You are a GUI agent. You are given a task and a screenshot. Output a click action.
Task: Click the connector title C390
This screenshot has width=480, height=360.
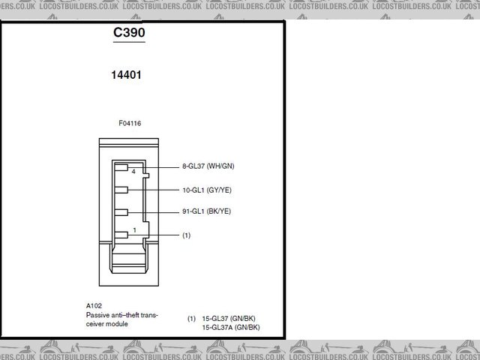(x=128, y=34)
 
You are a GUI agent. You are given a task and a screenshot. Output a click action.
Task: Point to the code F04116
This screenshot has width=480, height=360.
(x=130, y=122)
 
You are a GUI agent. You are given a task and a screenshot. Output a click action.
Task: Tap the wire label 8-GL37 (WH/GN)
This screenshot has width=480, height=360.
(x=213, y=166)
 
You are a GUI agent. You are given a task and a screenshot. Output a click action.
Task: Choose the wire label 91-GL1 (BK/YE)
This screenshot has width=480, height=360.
(x=211, y=211)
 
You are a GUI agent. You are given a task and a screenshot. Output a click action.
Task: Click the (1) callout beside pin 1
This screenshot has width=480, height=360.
(x=187, y=235)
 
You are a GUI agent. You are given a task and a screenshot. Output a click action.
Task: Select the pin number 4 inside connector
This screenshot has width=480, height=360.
(x=133, y=172)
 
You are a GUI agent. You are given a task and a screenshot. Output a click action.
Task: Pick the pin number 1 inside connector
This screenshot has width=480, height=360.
(x=133, y=229)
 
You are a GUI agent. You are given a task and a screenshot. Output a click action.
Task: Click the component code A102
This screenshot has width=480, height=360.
(x=94, y=306)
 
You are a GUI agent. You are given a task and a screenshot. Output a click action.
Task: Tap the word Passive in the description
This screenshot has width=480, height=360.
(x=98, y=315)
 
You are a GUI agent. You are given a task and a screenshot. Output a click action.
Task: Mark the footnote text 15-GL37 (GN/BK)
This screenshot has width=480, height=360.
(x=231, y=319)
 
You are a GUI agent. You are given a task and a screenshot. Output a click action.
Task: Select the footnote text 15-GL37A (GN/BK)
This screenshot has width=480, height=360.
(x=231, y=328)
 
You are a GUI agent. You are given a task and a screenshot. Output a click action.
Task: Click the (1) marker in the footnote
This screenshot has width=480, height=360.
(x=192, y=319)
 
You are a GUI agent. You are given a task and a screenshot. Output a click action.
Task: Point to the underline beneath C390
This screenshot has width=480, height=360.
(x=128, y=43)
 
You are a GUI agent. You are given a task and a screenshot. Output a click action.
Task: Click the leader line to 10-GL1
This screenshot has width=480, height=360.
(x=161, y=190)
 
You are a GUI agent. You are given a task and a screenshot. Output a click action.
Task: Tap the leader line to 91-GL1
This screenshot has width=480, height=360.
(x=161, y=212)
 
